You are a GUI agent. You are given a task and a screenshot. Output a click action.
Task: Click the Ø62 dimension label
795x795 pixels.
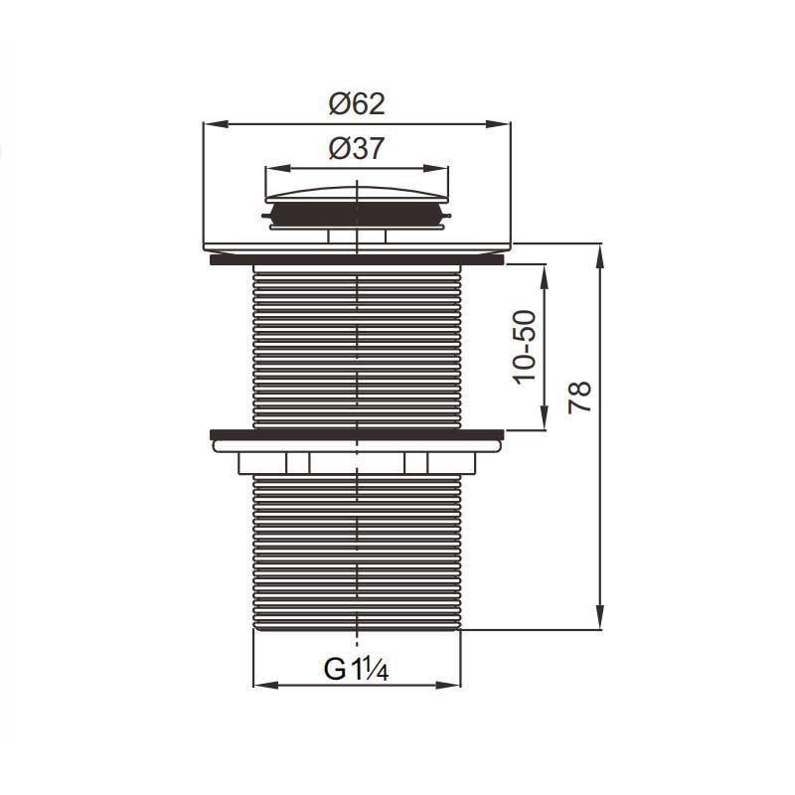(357, 104)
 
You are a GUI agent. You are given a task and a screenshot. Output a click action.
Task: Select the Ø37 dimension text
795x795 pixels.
(357, 148)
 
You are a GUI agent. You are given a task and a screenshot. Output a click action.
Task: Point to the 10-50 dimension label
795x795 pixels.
(525, 347)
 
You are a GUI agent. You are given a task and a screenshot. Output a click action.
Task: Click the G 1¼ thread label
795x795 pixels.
(356, 669)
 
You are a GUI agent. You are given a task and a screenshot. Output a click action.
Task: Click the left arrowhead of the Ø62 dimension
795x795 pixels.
(216, 124)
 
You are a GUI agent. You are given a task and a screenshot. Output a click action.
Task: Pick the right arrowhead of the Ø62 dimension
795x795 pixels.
(498, 124)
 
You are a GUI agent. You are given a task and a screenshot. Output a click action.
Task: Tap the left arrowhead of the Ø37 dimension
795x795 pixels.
(278, 169)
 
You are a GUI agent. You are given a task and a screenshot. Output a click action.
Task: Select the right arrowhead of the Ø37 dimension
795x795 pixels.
(436, 169)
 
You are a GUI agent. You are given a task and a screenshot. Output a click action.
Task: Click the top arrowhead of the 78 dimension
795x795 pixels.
(600, 256)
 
